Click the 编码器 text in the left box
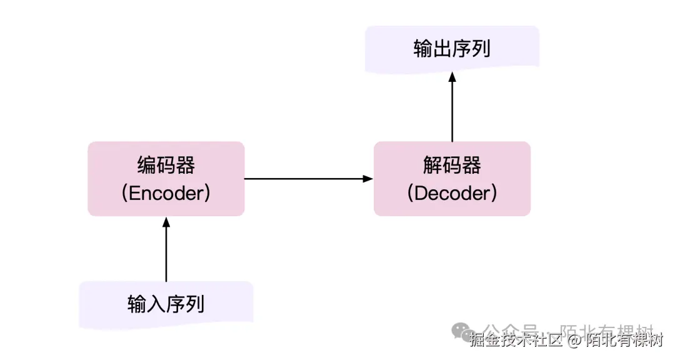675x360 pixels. click(166, 165)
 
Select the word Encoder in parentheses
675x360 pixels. click(166, 193)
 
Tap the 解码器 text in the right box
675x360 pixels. click(452, 165)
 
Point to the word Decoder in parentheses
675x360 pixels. click(452, 193)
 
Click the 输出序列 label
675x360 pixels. click(452, 49)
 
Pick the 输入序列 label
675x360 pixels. click(166, 304)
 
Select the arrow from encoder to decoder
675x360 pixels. click(306, 179)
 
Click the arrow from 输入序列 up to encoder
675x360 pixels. click(166, 250)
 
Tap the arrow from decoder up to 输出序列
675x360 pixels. click(452, 106)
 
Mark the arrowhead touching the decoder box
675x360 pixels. click(368, 179)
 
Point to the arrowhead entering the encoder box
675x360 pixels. click(166, 221)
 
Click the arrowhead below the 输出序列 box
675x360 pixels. click(452, 76)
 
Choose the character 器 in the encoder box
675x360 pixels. click(185, 165)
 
